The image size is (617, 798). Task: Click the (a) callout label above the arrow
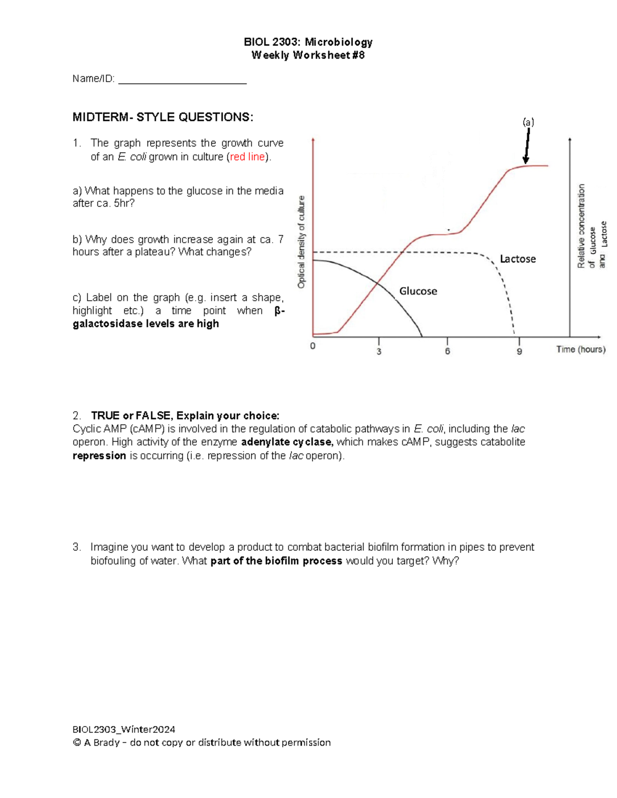(528, 122)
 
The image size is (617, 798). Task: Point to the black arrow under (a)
(527, 146)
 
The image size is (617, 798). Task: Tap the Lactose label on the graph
(518, 259)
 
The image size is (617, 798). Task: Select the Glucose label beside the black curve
(418, 291)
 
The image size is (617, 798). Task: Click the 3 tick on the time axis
(379, 351)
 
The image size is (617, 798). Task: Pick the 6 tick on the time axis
(447, 351)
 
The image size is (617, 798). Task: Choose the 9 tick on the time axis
(519, 351)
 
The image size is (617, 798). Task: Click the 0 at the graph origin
(313, 346)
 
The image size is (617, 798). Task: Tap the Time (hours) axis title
(580, 349)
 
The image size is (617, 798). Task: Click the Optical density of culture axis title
(302, 242)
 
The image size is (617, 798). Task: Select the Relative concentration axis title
(582, 226)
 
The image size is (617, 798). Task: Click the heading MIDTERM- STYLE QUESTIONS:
(162, 117)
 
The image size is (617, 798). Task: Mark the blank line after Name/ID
(183, 80)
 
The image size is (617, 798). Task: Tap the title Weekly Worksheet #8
(308, 55)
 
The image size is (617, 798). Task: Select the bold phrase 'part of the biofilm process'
(276, 561)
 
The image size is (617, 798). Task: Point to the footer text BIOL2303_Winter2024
(124, 729)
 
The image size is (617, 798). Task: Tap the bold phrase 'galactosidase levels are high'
(146, 324)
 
